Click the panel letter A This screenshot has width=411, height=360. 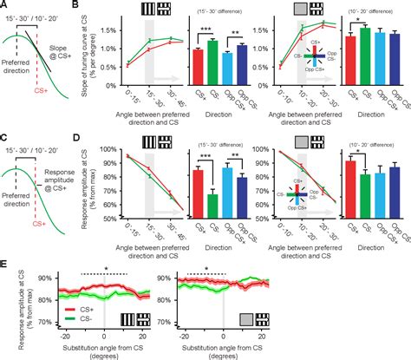5,6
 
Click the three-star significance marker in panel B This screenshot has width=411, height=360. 205,33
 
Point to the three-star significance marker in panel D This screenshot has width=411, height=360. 205,156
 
